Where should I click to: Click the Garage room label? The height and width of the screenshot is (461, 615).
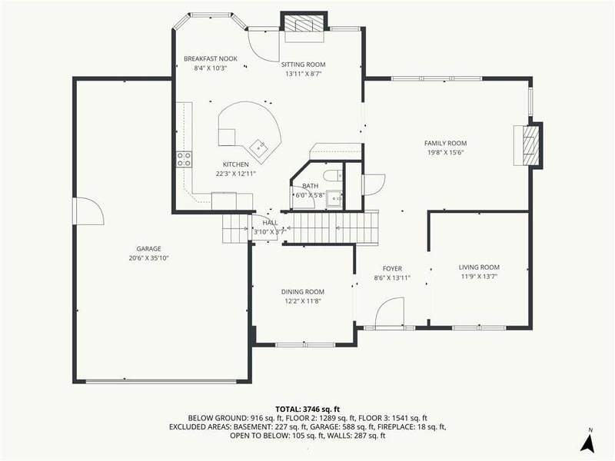pyautogui.click(x=148, y=248)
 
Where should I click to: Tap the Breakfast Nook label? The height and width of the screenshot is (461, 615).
pyautogui.click(x=210, y=58)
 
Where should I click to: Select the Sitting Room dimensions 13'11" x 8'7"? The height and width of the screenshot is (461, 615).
pyautogui.click(x=304, y=74)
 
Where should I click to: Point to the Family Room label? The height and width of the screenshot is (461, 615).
pyautogui.click(x=445, y=143)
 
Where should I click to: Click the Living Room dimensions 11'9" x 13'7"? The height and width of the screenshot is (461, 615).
pyautogui.click(x=479, y=276)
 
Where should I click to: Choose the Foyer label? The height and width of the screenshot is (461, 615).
pyautogui.click(x=382, y=268)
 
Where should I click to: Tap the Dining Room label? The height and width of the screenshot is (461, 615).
pyautogui.click(x=302, y=291)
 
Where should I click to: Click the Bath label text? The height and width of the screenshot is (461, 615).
pyautogui.click(x=310, y=186)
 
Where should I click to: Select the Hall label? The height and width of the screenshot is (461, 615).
pyautogui.click(x=270, y=222)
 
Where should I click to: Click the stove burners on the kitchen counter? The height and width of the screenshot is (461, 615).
pyautogui.click(x=184, y=160)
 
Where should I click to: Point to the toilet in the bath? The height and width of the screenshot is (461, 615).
pyautogui.click(x=332, y=177)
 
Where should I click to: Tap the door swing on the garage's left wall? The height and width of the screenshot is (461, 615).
pyautogui.click(x=88, y=211)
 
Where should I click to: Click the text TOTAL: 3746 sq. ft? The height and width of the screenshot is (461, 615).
pyautogui.click(x=307, y=409)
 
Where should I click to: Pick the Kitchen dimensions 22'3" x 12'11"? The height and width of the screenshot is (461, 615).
pyautogui.click(x=235, y=174)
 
